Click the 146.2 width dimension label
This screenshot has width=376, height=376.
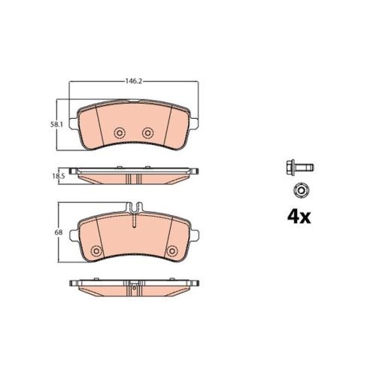click(x=133, y=81)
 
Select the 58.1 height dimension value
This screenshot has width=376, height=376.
click(x=56, y=124)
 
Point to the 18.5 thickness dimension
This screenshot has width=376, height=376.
click(x=59, y=176)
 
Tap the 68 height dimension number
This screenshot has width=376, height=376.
click(x=59, y=232)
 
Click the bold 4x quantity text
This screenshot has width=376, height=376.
click(x=299, y=217)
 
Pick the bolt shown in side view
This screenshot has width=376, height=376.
click(x=299, y=167)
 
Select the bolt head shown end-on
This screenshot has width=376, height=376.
click(x=301, y=191)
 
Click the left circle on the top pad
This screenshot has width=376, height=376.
click(x=120, y=132)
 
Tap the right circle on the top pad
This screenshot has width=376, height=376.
click(x=148, y=132)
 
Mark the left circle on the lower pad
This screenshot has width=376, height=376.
click(x=96, y=251)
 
